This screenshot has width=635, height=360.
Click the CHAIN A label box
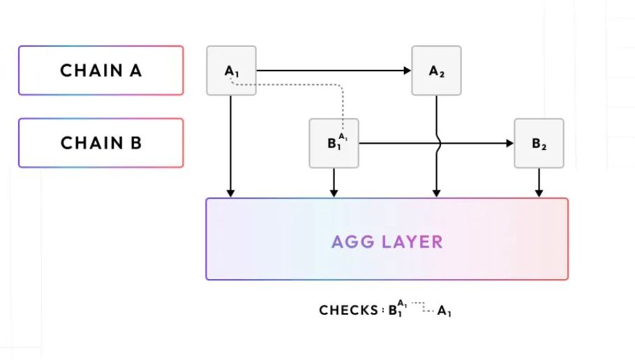(x=100, y=70)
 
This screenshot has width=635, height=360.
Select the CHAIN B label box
(x=100, y=143)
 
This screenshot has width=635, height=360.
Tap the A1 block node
(x=231, y=70)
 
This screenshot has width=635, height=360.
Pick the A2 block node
(x=436, y=70)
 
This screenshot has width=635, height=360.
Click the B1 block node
(x=334, y=144)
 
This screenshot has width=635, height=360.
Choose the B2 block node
(x=539, y=144)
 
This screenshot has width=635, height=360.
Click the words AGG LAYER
(x=387, y=242)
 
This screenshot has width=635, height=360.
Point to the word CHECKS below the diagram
(x=348, y=310)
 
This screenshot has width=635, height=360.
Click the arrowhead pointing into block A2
(x=408, y=70)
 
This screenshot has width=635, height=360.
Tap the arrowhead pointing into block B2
(x=510, y=144)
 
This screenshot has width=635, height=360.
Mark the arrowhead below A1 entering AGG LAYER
(x=231, y=193)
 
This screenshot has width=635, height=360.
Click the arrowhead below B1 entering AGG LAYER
(x=334, y=193)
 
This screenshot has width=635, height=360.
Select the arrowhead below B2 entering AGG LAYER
(x=539, y=193)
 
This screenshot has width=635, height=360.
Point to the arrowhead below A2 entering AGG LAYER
(x=436, y=193)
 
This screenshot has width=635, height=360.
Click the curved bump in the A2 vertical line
(x=438, y=144)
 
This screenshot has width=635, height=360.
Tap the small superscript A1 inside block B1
(x=343, y=137)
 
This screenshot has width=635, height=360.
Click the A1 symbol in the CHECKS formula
(x=444, y=312)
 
